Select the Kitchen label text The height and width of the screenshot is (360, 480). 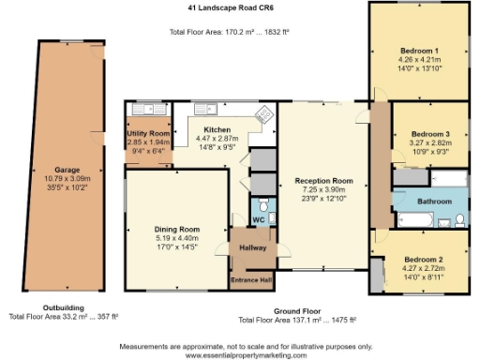pos(217,129)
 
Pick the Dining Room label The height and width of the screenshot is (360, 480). pos(177,229)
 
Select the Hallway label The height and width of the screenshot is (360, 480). pos(252,247)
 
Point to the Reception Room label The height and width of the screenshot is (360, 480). pos(323,180)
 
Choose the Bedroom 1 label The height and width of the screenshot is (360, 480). pos(418,50)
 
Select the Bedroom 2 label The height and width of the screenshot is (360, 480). pos(424,259)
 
